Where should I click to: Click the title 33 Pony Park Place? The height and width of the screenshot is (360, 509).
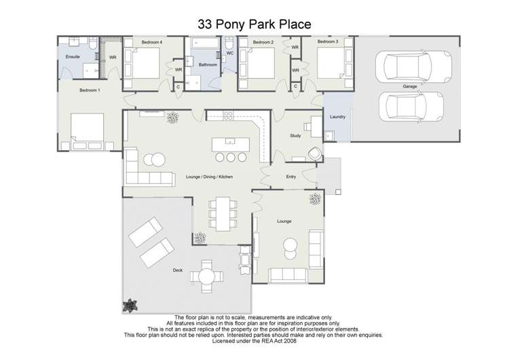point(254,24)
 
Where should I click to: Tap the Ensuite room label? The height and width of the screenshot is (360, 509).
point(73,57)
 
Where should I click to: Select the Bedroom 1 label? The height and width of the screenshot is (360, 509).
point(90,90)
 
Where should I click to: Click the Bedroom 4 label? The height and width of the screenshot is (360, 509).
point(151,42)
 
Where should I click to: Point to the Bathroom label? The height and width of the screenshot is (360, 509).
point(208,65)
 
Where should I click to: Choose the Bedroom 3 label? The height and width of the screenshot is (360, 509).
point(328,42)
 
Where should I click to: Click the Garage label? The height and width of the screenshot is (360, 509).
point(409,86)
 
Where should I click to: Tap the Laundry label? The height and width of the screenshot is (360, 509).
point(338,117)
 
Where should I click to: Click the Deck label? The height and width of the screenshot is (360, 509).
point(178,270)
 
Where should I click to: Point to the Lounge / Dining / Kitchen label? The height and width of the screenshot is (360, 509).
point(209,177)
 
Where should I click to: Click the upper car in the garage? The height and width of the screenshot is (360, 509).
point(406,67)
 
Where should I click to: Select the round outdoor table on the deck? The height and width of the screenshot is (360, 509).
point(205,275)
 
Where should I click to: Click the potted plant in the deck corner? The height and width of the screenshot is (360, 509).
point(130,306)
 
